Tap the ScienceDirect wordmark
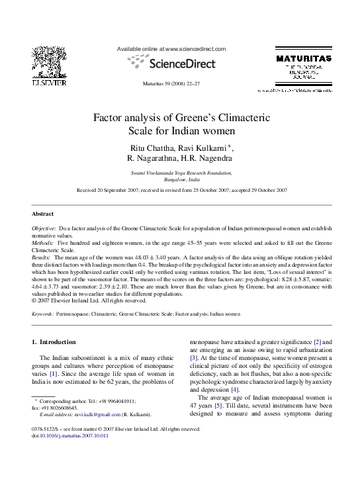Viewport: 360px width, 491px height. [183, 64]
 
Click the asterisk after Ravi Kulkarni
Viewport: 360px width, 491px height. [230, 146]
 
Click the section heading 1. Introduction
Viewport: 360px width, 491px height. [57, 342]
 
